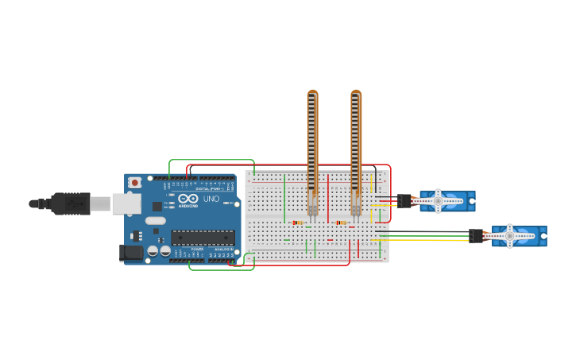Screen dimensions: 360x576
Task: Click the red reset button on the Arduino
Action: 135,182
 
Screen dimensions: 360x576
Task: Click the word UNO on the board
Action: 211,199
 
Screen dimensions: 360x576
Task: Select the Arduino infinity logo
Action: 188,199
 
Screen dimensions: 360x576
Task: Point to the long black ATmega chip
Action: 203,237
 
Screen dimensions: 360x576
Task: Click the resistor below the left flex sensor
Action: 299,223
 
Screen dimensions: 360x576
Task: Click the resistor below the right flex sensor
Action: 342,223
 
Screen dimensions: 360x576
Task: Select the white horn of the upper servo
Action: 438,201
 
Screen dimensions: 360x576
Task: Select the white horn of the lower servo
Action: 510,235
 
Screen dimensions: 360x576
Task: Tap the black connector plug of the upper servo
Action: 404,201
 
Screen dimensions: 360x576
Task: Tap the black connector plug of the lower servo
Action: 476,235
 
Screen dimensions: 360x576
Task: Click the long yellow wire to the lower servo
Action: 429,240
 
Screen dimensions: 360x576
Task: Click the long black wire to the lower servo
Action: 429,232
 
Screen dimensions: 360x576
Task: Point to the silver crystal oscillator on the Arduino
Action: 156,220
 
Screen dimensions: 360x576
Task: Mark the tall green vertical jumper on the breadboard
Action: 284,199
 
